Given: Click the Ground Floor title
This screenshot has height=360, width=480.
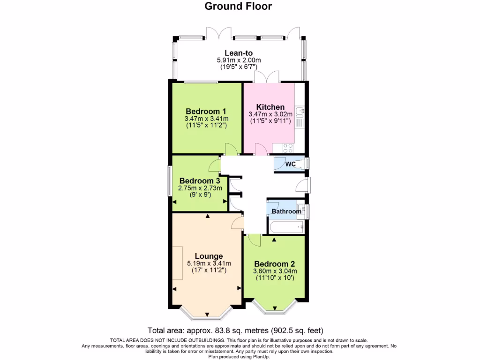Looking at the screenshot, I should [x=238, y=7].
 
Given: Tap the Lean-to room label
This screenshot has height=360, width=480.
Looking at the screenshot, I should [x=239, y=53].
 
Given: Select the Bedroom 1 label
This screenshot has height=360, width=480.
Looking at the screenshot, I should [x=206, y=111].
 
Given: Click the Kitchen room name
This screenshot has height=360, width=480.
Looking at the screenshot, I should [x=270, y=107].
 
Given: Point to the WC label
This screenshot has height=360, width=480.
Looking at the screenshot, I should [x=290, y=164].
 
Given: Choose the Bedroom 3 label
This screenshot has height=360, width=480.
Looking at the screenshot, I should [x=200, y=181].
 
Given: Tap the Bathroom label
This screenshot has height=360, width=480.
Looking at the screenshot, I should [x=286, y=211].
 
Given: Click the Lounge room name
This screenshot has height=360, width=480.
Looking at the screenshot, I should [x=209, y=256].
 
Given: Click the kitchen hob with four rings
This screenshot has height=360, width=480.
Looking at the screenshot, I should [x=287, y=148].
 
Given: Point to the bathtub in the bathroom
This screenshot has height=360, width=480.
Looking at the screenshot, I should [x=287, y=228].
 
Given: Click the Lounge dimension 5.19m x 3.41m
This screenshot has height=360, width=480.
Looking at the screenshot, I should [x=209, y=263].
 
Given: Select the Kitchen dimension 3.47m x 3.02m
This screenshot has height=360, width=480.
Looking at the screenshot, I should [x=270, y=114].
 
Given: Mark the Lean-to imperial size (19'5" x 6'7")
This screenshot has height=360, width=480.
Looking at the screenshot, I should [x=239, y=67].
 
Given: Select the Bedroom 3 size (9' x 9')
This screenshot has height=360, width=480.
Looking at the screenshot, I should [x=200, y=195].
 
